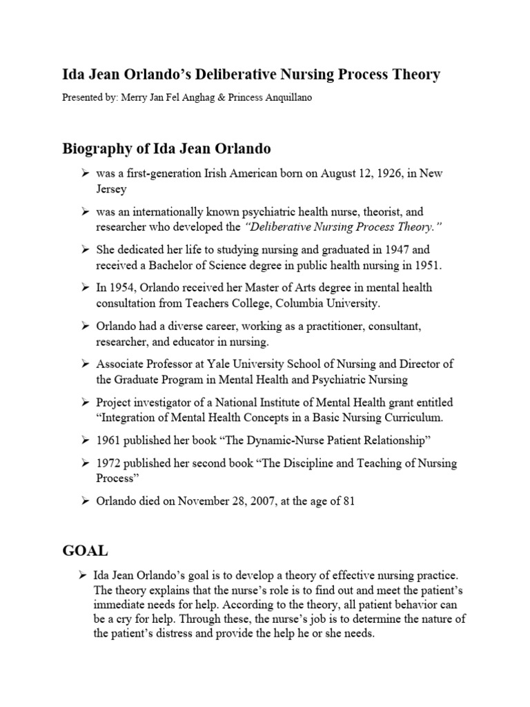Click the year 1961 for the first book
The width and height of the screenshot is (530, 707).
[x=110, y=440]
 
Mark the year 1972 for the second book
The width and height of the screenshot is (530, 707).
[x=110, y=463]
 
